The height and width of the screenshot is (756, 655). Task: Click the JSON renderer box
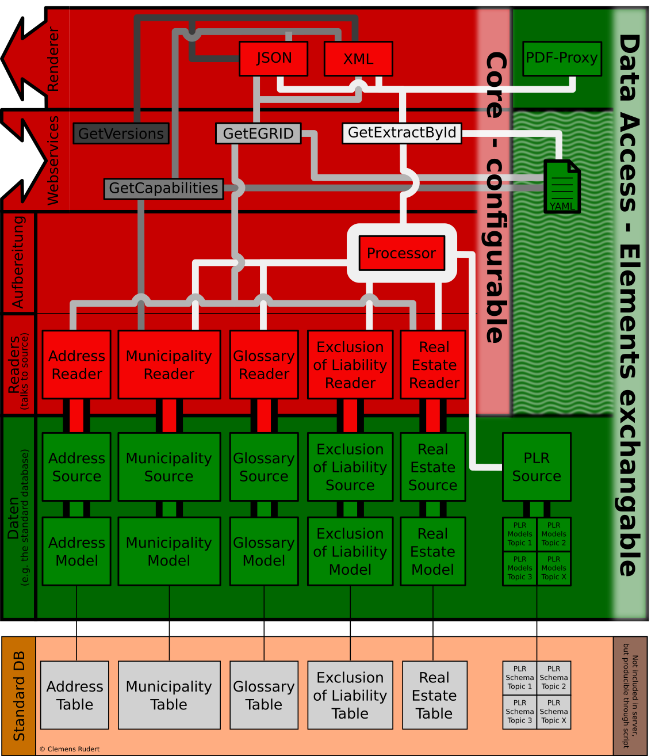point(274,58)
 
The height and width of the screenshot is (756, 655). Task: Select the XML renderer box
point(358,59)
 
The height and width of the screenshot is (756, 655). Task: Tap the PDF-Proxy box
point(562,58)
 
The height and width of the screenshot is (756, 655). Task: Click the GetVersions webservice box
point(121,133)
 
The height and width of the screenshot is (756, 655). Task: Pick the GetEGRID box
point(258,133)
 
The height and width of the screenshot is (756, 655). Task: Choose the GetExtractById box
point(402,133)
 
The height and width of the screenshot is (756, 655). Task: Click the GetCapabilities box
point(163,188)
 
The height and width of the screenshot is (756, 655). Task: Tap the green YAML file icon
point(562,186)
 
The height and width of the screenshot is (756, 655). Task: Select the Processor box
point(401,253)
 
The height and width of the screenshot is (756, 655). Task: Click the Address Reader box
point(76,365)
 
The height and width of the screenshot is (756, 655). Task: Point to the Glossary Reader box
point(264,365)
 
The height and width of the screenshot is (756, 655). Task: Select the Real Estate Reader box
point(434,365)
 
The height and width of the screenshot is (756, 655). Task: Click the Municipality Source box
point(169,467)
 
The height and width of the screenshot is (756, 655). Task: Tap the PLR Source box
point(537,467)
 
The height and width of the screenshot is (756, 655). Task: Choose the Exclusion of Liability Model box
point(350,551)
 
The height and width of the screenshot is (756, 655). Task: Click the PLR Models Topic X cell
point(554,568)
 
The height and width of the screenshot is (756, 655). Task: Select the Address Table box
point(75,695)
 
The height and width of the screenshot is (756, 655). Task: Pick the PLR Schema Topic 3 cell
point(520,712)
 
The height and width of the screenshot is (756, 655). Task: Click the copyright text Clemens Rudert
point(70,749)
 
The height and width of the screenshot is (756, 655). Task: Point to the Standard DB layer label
point(19,696)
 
